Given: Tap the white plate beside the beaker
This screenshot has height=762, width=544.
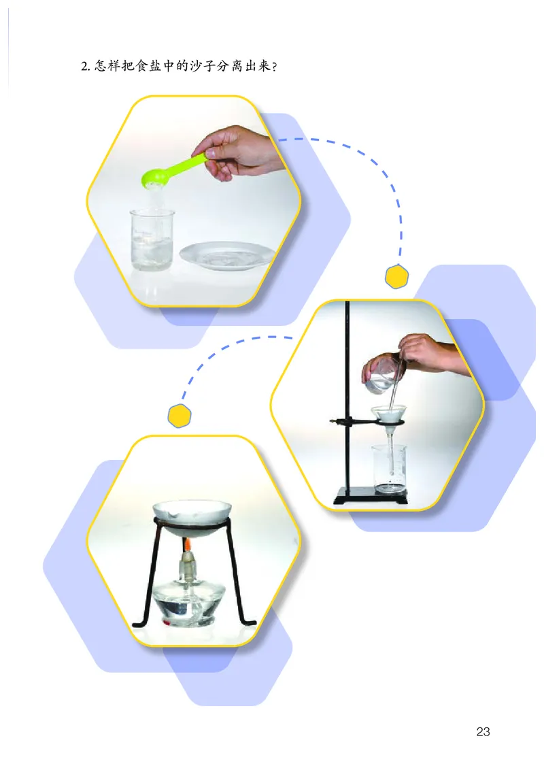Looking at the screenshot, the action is [x=228, y=255].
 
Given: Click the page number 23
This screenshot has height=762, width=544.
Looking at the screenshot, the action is [x=483, y=731].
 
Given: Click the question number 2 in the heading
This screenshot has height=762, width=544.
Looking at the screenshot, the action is [x=84, y=66].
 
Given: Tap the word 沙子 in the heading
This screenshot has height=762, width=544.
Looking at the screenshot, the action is [x=202, y=65].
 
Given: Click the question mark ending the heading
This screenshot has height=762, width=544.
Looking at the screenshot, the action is [x=275, y=67].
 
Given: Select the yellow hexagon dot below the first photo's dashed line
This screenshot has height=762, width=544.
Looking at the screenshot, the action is [x=396, y=276].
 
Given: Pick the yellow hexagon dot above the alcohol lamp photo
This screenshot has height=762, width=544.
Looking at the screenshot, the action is [x=180, y=416].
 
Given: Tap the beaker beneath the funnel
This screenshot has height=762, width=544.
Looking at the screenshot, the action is [x=389, y=469].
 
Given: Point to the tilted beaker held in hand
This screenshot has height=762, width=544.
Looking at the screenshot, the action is [x=381, y=375].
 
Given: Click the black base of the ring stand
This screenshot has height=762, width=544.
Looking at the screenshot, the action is [x=371, y=496].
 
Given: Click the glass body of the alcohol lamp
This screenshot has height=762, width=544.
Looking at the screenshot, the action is [x=187, y=603].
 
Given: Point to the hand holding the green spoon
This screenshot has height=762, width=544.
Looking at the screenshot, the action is [x=239, y=150].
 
